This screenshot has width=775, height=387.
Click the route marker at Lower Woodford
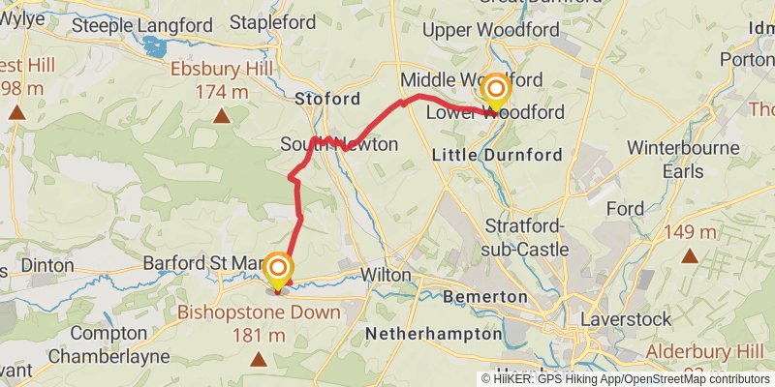pyautogui.click(x=496, y=91)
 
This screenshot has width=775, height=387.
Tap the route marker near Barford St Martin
pyautogui.click(x=278, y=270)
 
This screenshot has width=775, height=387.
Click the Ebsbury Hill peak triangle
pyautogui.click(x=222, y=118)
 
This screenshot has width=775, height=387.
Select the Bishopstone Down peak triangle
pyautogui.click(x=259, y=361)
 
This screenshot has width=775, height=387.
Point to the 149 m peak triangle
pyautogui.click(x=690, y=256)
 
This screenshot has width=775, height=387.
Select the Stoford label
pyautogui.click(x=327, y=99)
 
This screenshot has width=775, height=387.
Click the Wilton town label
pyautogui.click(x=386, y=275)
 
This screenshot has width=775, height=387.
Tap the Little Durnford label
pyautogui.click(x=482, y=154)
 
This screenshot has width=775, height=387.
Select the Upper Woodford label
pyautogui.click(x=491, y=30)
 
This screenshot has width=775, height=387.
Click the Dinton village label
pyautogui.click(x=46, y=264)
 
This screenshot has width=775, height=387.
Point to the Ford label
pyautogui.click(x=625, y=208)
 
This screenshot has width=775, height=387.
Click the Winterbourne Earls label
pyautogui.click(x=683, y=160)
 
